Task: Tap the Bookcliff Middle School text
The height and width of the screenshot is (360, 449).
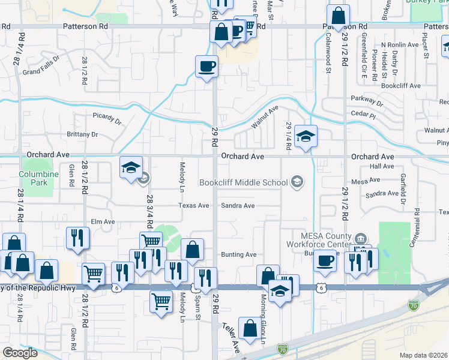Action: coord(244,181)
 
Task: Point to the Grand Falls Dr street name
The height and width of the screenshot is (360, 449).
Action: coord(41,65)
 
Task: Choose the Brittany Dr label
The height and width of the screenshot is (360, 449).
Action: coord(83,134)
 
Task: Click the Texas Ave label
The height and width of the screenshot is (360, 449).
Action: coord(193,206)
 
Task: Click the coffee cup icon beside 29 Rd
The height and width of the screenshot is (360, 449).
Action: coord(207,66)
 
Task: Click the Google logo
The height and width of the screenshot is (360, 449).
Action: coord(19,353)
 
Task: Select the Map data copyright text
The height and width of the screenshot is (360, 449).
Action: coord(423,355)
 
